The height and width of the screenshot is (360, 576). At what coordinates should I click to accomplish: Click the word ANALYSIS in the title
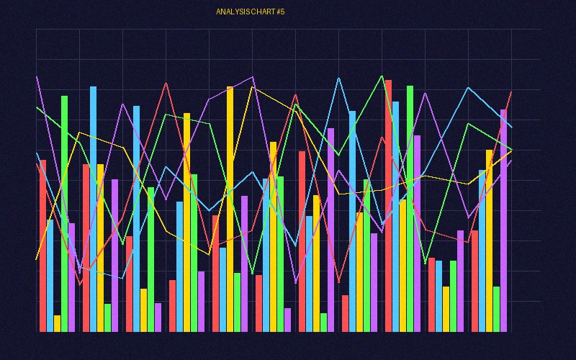tap(231, 12)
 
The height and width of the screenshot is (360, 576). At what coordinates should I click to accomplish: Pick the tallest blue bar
tap(93, 209)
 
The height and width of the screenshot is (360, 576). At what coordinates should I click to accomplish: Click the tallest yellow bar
tap(230, 209)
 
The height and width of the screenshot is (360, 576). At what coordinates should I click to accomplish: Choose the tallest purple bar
tap(503, 220)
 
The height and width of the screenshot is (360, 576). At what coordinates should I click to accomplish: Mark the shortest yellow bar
tap(57, 323)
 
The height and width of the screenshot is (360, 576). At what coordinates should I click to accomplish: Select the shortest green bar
tap(323, 322)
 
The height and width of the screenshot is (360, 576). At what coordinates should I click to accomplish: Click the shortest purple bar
tap(287, 320)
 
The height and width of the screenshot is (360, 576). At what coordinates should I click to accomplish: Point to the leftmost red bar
tap(42, 246)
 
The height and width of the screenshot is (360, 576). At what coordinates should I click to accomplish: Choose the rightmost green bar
tap(496, 309)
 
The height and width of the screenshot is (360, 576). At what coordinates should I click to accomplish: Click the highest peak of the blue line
tap(338, 78)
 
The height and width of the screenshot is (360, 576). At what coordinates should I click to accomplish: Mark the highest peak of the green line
tap(382, 76)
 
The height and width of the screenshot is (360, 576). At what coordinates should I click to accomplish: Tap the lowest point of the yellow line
tap(36, 259)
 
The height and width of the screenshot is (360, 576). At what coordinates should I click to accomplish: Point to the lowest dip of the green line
tap(252, 274)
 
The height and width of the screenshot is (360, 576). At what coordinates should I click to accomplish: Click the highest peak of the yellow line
tap(252, 87)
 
